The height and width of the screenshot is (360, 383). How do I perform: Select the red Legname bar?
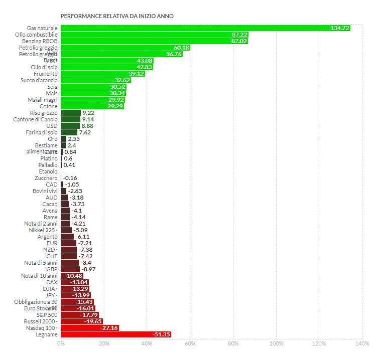115,334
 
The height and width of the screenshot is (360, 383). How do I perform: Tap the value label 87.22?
239,35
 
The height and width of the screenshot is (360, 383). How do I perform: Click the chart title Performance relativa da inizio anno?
117,16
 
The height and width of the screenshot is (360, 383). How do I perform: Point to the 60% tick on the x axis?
190,344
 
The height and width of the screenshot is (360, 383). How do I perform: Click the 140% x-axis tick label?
362,344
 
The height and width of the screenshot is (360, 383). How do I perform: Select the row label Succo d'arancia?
39,80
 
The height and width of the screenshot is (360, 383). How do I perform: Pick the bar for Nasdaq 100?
89,327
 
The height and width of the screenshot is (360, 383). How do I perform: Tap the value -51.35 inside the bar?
161,334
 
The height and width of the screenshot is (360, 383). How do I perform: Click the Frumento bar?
100,74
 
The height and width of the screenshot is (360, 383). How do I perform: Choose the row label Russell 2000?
40,321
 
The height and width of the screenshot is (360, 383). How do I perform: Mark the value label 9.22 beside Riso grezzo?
88,113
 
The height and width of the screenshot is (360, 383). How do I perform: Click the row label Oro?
52,139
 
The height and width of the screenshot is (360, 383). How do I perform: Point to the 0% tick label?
61,344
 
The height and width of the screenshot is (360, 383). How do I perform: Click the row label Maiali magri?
43,100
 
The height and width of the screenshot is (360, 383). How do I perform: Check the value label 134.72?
340,28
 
